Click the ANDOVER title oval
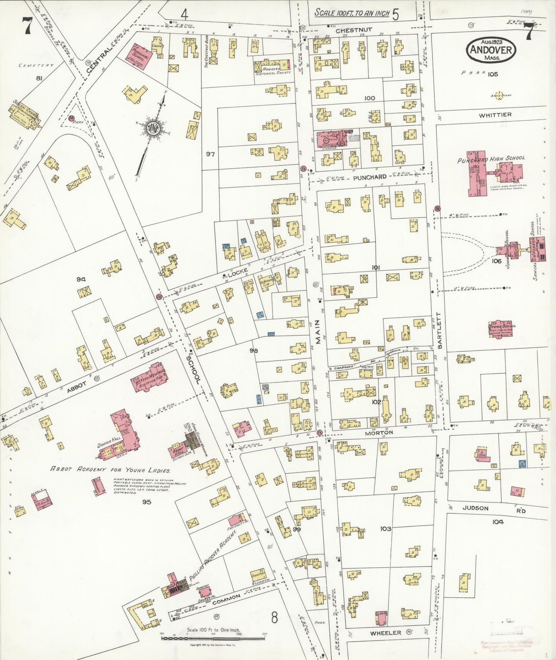(x=491, y=50)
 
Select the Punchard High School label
(x=491, y=159)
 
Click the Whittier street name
(x=495, y=115)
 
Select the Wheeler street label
(x=385, y=633)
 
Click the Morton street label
(x=379, y=432)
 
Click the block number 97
(x=210, y=154)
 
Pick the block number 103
(x=386, y=529)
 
